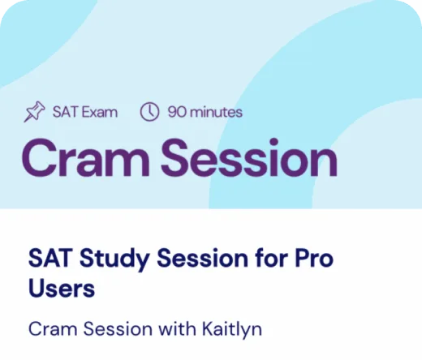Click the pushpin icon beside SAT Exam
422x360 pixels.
pyautogui.click(x=35, y=113)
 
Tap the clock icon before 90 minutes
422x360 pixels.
pyautogui.click(x=149, y=113)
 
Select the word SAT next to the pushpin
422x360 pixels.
pyautogui.click(x=63, y=113)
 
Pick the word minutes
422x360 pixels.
pyautogui.click(x=215, y=113)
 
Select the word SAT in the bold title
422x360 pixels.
pyautogui.click(x=47, y=260)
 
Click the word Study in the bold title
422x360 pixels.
pyautogui.click(x=108, y=260)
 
